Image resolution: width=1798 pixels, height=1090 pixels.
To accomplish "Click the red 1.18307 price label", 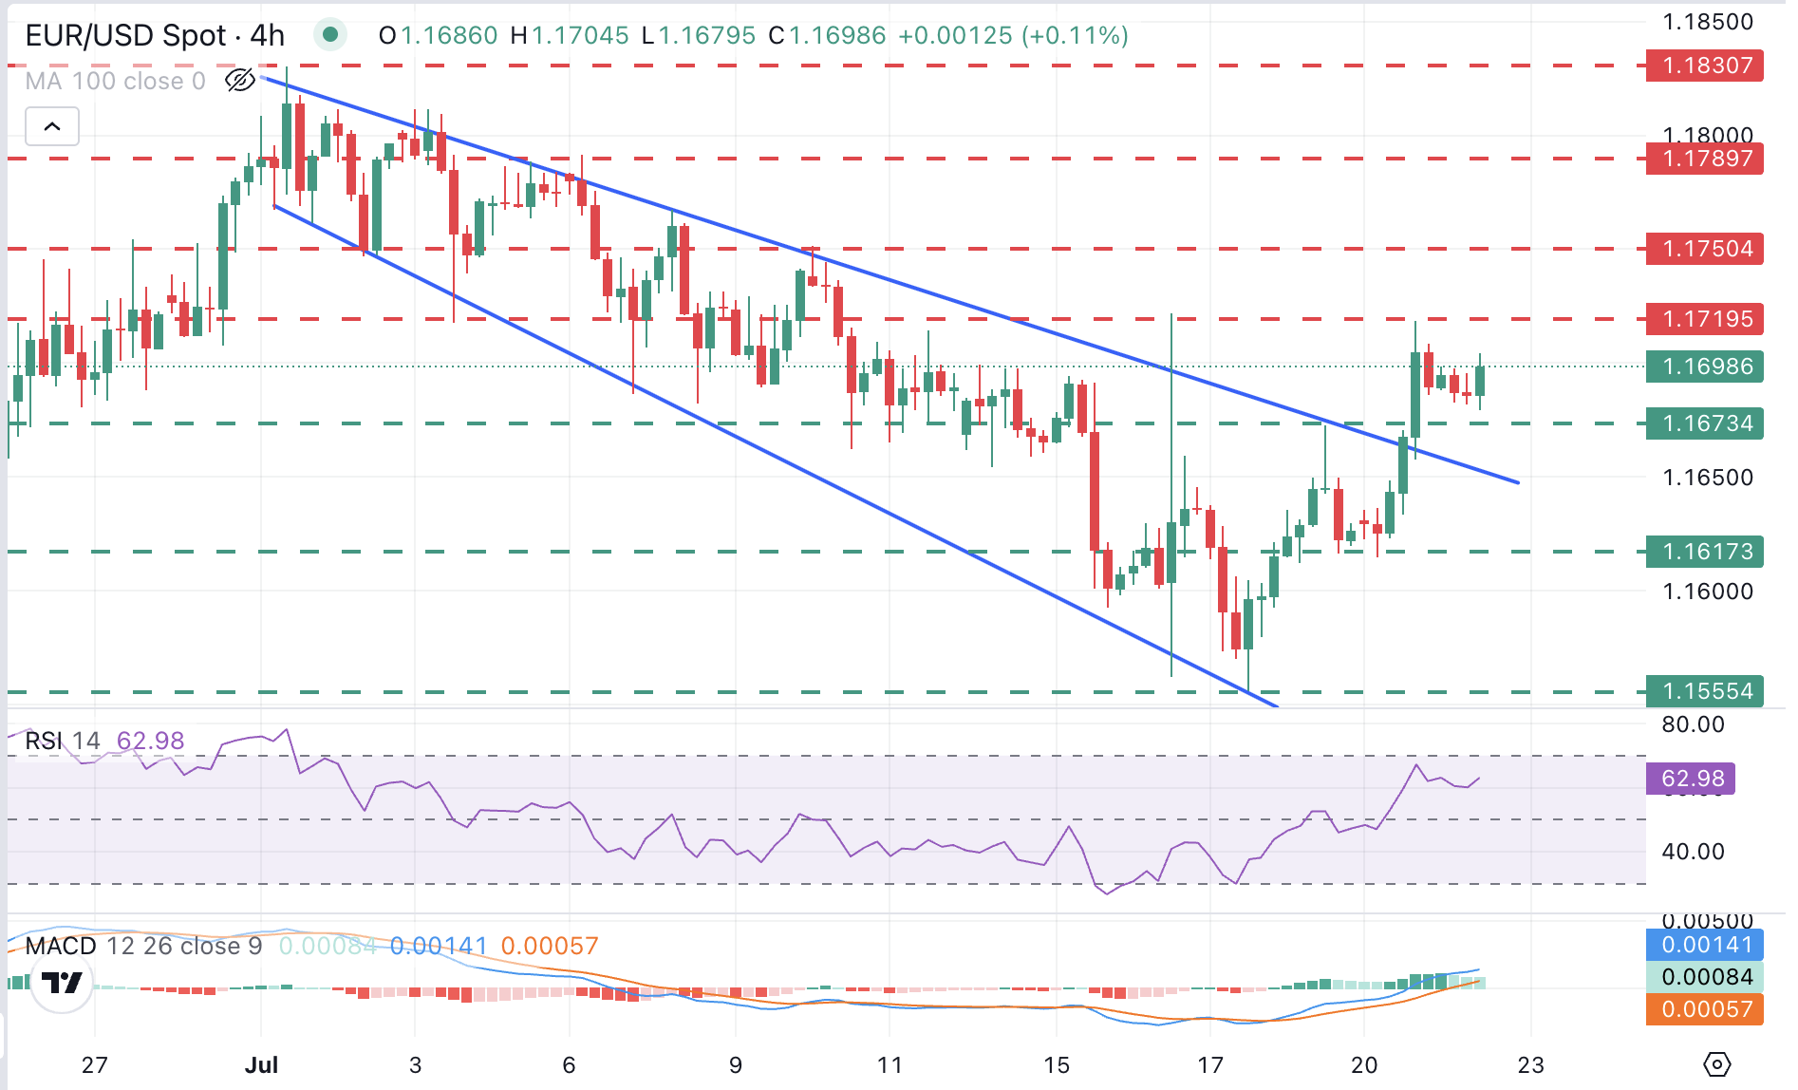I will tap(1706, 66).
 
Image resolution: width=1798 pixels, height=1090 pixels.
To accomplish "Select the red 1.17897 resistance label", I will tap(1706, 159).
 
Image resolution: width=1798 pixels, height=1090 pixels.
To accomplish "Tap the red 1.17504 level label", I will tap(1706, 249).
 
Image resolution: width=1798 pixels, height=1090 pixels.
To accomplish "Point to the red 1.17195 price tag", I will tap(1706, 319).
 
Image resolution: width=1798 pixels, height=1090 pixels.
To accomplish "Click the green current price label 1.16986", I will tap(1706, 366).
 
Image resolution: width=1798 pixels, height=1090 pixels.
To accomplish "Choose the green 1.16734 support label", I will tap(1706, 423).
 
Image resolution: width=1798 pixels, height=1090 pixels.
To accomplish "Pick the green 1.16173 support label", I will tap(1706, 552).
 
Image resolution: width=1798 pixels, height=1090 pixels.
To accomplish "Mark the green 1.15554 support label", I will tap(1706, 691).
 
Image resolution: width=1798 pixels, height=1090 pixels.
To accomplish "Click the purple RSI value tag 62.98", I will tap(1692, 779).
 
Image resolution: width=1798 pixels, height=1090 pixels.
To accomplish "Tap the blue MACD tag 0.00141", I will tap(1706, 945).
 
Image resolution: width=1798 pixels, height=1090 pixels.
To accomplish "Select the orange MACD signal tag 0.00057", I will tap(1706, 1009).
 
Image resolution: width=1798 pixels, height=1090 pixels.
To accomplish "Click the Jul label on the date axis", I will tap(261, 1065).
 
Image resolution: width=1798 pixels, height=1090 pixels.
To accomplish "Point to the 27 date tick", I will tap(94, 1065).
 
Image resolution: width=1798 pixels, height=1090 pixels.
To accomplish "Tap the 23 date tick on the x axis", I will tap(1530, 1065).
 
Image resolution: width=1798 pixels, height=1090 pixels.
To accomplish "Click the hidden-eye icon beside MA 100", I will tap(240, 81).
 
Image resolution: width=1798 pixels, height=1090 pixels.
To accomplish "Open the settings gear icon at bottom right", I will tap(1717, 1064).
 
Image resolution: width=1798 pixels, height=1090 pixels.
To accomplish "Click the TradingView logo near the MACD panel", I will tap(62, 983).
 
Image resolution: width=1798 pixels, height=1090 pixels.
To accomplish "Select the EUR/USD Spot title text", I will tap(125, 36).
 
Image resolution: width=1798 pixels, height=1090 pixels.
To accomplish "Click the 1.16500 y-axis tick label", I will tap(1707, 478).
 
